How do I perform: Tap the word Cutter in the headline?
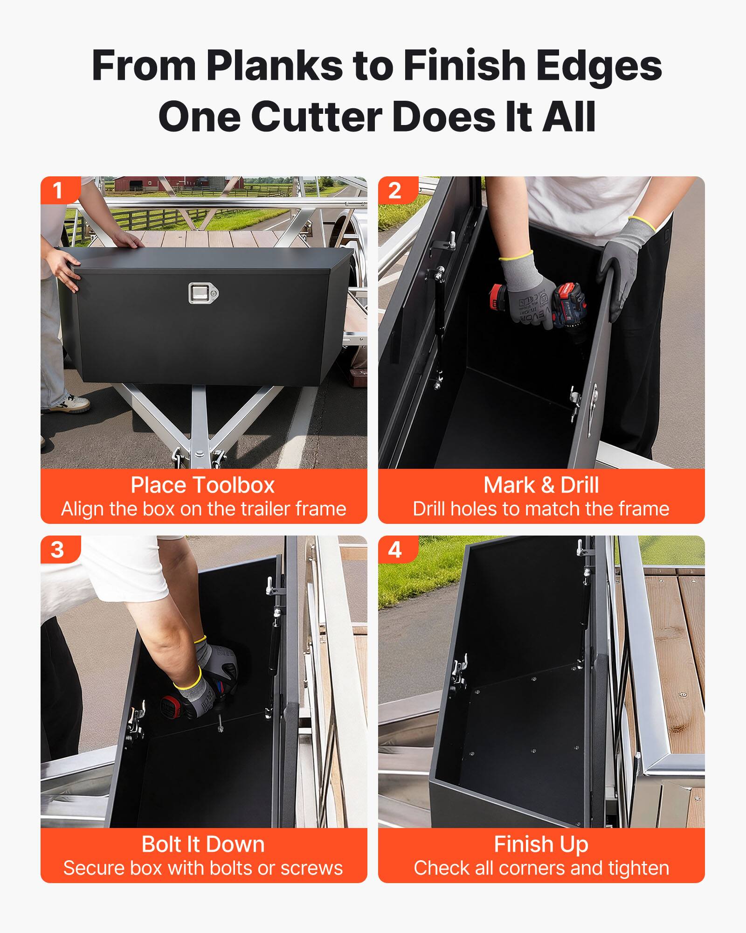[x=316, y=117]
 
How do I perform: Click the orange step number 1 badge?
[x=58, y=190]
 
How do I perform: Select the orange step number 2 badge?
[x=394, y=190]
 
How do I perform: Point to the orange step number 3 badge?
[x=58, y=550]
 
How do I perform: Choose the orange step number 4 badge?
[x=394, y=550]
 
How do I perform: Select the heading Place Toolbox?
[x=203, y=485]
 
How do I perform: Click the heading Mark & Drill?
[x=541, y=485]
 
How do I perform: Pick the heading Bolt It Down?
[x=203, y=844]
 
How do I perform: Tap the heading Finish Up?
[x=541, y=844]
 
